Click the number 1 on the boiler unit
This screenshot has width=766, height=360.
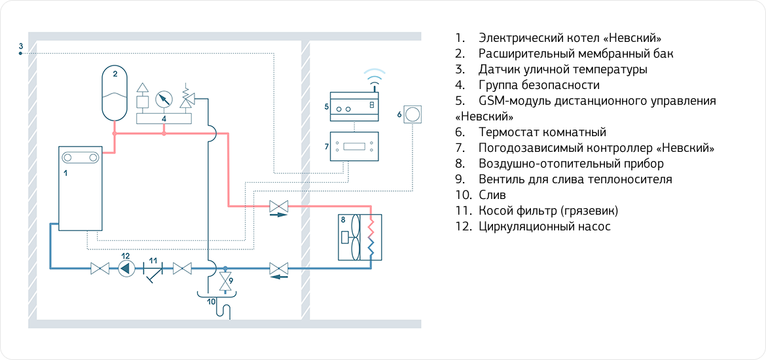coord(65,173)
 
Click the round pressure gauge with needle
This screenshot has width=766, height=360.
coord(163,99)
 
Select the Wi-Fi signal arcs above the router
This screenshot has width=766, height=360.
coord(373,77)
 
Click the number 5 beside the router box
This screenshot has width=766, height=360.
coord(325,105)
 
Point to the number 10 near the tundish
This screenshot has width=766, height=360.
coord(211,302)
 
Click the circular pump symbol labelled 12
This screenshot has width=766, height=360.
coord(126,268)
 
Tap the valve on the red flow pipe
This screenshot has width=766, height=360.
coord(279,207)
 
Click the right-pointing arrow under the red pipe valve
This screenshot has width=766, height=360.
coord(278,215)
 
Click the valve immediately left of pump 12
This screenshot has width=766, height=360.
coord(100,268)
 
